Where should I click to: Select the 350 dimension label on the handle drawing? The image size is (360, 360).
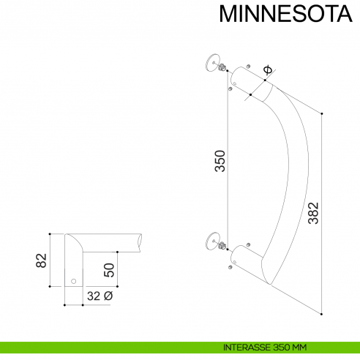point(220,161)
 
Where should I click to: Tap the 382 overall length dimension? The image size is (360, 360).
point(312,212)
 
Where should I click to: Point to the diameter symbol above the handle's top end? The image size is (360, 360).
point(267,70)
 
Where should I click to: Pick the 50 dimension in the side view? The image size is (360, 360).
point(109,269)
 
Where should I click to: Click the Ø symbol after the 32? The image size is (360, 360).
point(108,296)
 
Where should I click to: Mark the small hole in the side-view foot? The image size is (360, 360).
point(73,281)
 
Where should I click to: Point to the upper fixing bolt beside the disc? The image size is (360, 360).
point(221,68)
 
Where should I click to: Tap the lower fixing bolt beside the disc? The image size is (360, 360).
point(220,245)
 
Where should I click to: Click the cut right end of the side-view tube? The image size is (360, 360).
point(139,242)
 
